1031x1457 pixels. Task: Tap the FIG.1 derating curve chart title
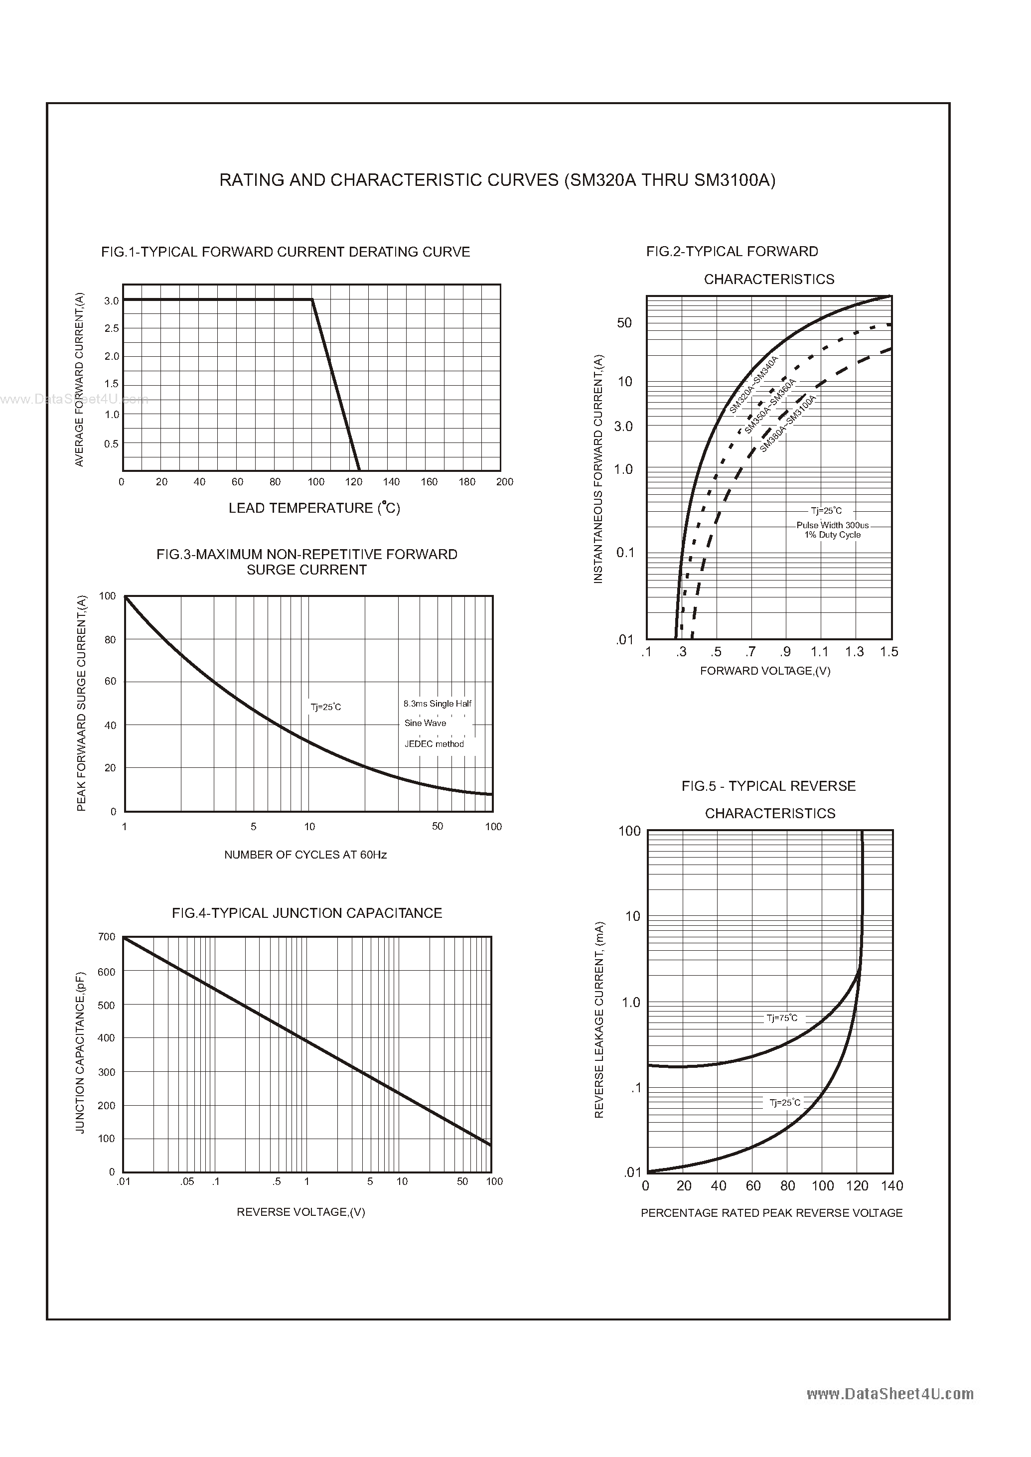tap(286, 252)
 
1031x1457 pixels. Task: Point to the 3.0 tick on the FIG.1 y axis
tap(112, 301)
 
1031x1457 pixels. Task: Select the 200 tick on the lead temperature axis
tap(505, 482)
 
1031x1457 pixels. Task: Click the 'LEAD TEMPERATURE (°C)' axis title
tap(314, 508)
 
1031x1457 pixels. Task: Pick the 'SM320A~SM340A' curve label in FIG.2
tap(753, 385)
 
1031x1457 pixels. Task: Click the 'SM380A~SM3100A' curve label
tap(788, 424)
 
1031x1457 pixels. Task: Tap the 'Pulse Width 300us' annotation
tap(832, 525)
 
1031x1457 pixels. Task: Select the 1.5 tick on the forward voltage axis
tap(889, 652)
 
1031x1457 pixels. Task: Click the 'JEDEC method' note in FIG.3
tap(434, 744)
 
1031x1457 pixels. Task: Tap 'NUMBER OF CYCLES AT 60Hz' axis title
tap(305, 855)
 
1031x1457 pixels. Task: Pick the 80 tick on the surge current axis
tap(110, 640)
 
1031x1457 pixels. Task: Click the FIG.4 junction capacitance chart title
tap(306, 913)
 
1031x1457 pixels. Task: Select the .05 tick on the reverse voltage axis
tap(187, 1181)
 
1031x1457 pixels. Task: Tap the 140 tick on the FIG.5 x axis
tap(892, 1186)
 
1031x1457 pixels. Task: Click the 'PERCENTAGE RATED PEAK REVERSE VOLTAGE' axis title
tap(771, 1212)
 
